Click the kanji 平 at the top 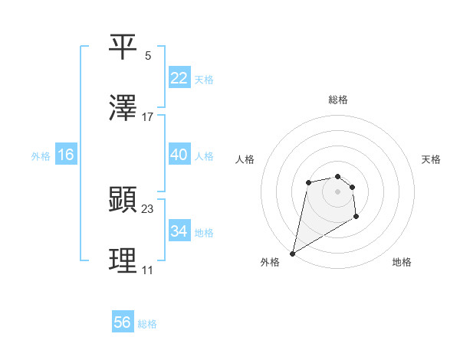(123, 47)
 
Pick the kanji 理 (123, 262)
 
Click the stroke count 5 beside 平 (148, 55)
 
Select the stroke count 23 (148, 208)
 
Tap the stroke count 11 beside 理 (148, 270)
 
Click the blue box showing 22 (179, 78)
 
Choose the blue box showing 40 (179, 155)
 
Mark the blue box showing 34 (179, 231)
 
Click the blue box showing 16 (65, 155)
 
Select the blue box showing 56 (123, 322)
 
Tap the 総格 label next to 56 (147, 324)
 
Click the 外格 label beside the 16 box (41, 156)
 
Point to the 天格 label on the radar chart (431, 159)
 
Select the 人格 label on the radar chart (245, 159)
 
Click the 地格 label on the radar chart (402, 262)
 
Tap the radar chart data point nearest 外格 (292, 253)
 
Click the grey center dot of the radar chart (337, 191)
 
